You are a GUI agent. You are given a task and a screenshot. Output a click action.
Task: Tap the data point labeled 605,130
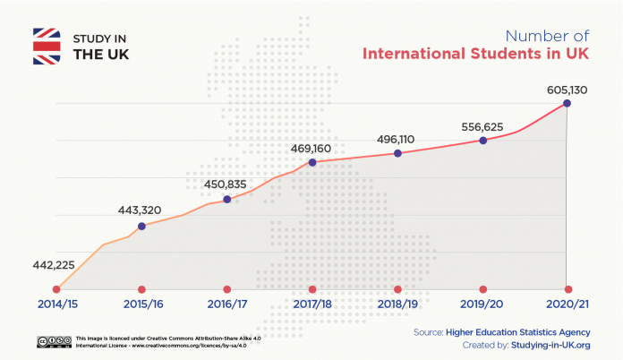567,104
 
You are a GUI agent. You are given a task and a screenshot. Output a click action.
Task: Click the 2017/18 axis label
312,305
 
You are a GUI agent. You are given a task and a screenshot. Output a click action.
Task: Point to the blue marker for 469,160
312,162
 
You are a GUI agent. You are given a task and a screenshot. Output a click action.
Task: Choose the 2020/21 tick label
568,305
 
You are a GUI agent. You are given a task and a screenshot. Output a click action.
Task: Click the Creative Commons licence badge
55,341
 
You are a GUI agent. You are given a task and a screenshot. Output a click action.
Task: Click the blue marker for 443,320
141,226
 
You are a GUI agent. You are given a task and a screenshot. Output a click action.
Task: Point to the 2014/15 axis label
56,305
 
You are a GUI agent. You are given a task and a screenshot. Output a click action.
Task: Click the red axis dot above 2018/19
397,289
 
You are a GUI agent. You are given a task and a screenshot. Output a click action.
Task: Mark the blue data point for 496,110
397,153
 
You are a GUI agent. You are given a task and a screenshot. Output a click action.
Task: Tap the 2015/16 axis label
141,305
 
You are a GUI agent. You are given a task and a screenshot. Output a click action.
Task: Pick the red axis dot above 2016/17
226,289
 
